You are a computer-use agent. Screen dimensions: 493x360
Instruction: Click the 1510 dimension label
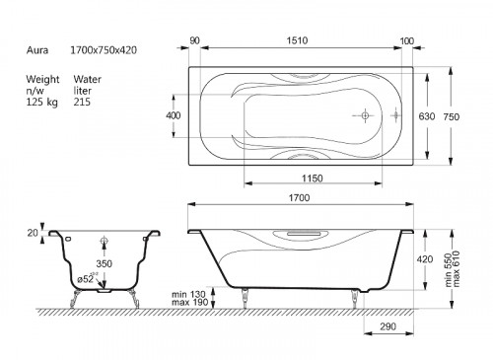click(297, 40)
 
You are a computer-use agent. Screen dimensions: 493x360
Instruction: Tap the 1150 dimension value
click(313, 179)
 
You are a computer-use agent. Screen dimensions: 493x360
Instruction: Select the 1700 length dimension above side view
click(299, 197)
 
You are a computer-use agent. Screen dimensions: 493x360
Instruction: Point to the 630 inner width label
click(427, 116)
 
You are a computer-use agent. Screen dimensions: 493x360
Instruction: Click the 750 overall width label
click(452, 116)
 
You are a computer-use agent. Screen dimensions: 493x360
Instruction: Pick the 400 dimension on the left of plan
click(174, 115)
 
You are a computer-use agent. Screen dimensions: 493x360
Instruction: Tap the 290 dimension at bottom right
click(387, 326)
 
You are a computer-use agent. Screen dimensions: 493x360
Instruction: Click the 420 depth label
click(425, 259)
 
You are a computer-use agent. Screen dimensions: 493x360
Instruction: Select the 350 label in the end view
click(104, 263)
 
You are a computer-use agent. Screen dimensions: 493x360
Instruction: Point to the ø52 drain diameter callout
click(86, 278)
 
